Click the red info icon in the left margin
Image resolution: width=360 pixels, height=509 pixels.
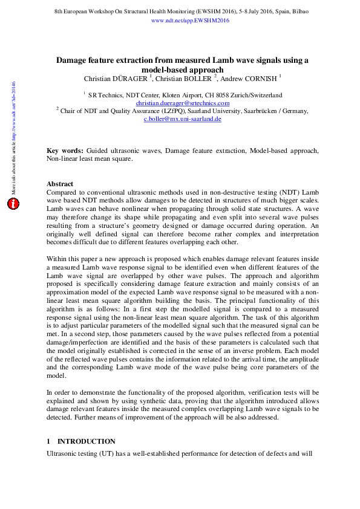click(13, 204)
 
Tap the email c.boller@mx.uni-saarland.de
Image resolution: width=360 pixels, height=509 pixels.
click(182, 119)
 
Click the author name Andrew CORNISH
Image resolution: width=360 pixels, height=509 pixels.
click(254, 78)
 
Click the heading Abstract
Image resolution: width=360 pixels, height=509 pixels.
click(60, 184)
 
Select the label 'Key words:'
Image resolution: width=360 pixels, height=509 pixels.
click(65, 149)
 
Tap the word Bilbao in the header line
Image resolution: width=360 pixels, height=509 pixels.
click(299, 11)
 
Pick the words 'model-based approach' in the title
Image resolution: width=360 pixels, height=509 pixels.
click(182, 70)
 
